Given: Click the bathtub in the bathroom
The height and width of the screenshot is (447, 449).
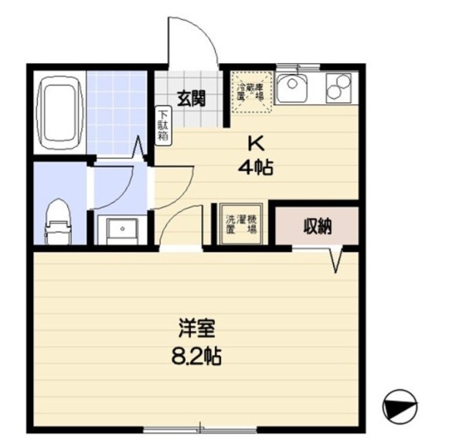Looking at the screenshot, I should (60, 111).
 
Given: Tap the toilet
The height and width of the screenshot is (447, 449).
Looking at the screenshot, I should (59, 220).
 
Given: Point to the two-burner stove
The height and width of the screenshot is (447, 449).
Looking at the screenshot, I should (338, 87).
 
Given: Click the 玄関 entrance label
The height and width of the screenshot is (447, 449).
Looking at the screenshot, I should (191, 98).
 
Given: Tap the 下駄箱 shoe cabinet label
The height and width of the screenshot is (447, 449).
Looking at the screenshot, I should (164, 124).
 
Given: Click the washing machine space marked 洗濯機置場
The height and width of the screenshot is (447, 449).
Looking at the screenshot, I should (240, 224).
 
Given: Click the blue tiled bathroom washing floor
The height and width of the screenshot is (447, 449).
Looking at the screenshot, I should (117, 111).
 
